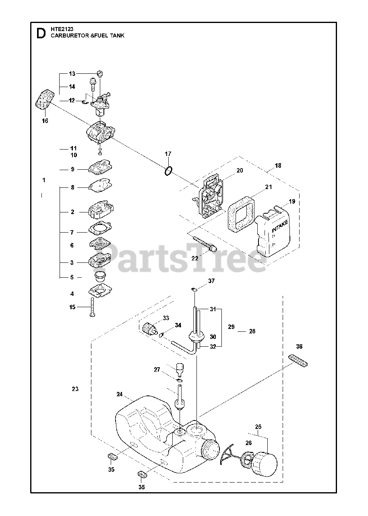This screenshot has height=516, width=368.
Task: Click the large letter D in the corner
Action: (41, 33)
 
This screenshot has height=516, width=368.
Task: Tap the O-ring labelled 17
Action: (169, 171)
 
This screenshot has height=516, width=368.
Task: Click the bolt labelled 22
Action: (205, 245)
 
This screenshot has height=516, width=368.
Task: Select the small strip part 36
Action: (299, 360)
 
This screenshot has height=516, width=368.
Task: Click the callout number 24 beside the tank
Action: (120, 394)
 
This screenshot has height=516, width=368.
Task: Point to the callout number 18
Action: (278, 165)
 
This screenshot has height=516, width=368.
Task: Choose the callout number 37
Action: (211, 281)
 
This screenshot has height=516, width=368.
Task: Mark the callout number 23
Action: (75, 389)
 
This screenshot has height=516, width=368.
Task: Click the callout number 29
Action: (231, 327)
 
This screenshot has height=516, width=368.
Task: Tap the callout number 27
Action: (157, 369)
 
